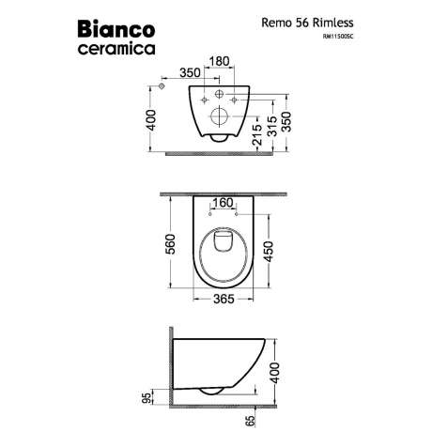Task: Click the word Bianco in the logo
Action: (116, 29)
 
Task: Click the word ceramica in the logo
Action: (116, 49)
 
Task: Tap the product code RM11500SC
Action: (338, 37)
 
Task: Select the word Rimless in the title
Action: (333, 23)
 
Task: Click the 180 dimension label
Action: (219, 61)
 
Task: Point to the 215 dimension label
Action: (257, 134)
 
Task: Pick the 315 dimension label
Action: (272, 126)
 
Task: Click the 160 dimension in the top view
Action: (223, 203)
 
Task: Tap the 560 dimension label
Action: (171, 244)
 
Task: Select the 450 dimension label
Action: (269, 251)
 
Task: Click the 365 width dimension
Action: (224, 299)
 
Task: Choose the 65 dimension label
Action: (251, 421)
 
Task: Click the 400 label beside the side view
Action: (275, 373)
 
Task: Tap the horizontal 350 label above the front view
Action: (190, 72)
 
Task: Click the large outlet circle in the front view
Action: (220, 116)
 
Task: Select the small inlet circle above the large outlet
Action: (220, 94)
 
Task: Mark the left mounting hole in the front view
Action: (205, 100)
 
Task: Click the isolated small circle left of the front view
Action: (162, 86)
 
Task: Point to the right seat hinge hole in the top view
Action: (237, 214)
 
